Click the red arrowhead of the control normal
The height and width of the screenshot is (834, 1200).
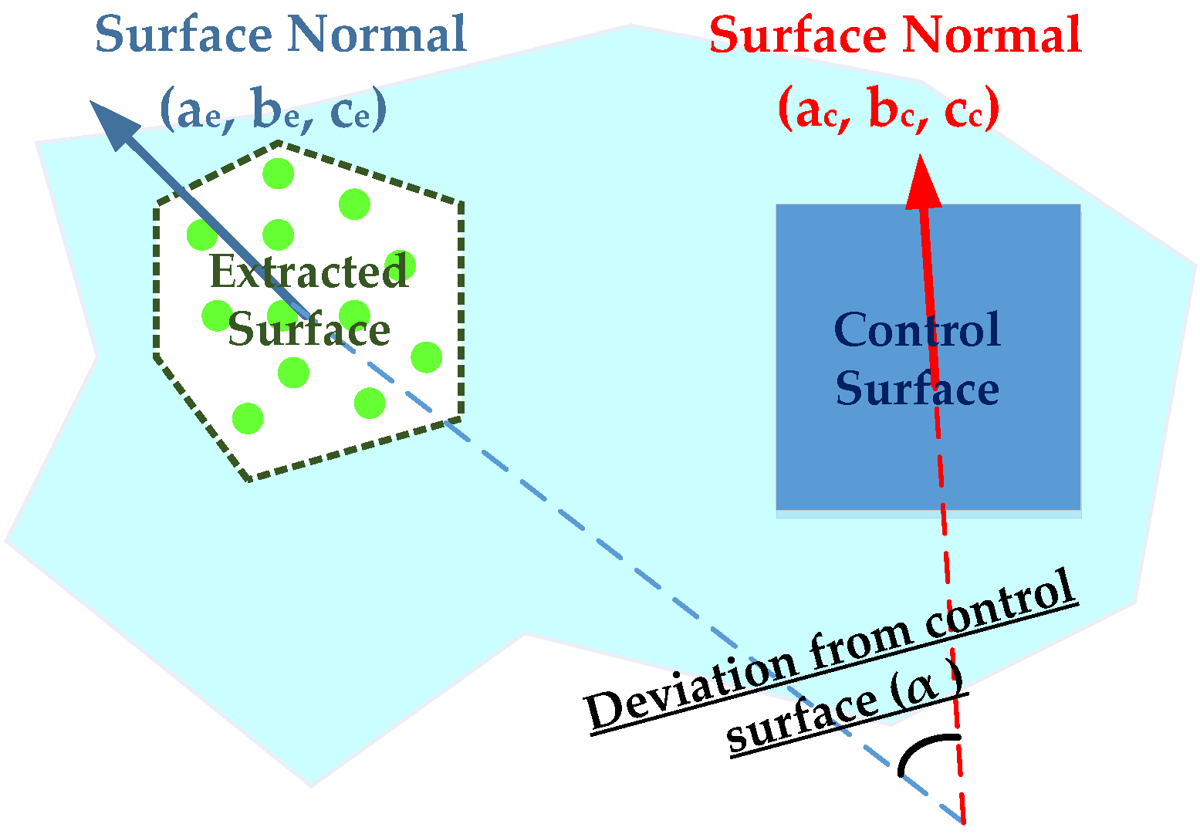(923, 183)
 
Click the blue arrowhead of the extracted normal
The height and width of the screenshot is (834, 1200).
(113, 124)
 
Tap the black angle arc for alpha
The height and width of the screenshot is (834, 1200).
(926, 751)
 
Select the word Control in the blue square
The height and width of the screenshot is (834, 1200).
(917, 330)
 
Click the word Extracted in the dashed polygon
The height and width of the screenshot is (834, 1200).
(309, 272)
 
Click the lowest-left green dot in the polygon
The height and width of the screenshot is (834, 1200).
(248, 418)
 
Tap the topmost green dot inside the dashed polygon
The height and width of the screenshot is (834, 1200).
(278, 173)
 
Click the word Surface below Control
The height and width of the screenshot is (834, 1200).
(917, 388)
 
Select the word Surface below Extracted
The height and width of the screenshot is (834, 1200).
(309, 330)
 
